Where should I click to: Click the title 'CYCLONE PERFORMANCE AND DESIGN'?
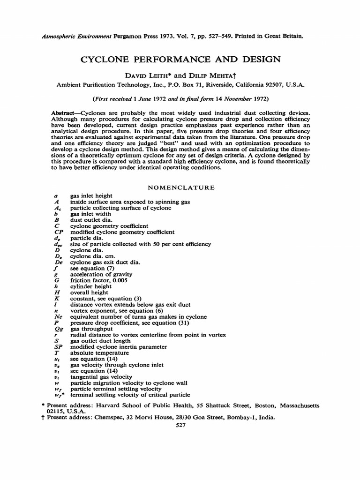coord(180,59)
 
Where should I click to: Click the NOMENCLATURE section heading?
coord(181,187)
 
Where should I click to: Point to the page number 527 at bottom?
coord(180,425)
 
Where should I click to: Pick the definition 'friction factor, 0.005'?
coord(99,280)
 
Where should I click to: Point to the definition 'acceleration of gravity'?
coord(101,274)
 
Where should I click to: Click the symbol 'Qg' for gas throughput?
coord(58,329)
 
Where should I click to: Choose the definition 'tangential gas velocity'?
coord(101,377)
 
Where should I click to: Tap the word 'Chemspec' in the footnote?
coord(107,417)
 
